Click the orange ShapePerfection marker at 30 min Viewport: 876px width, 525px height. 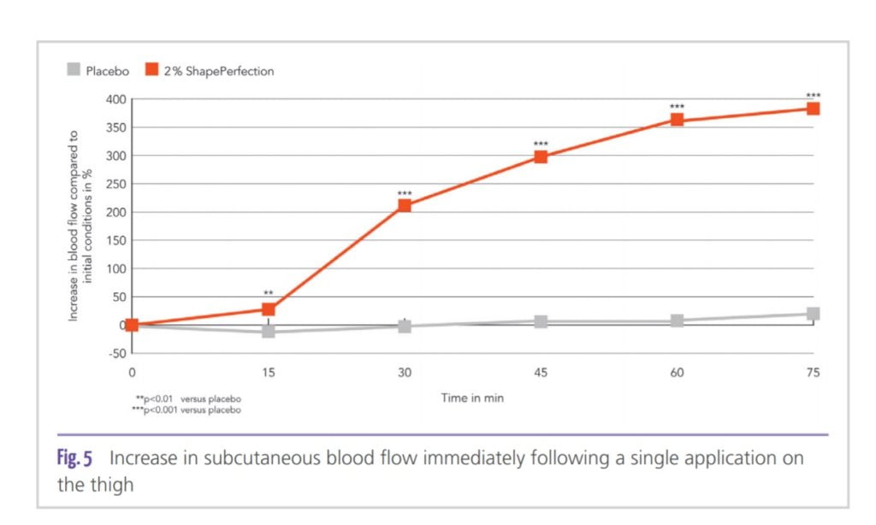click(405, 205)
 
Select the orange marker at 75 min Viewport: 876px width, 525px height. click(813, 109)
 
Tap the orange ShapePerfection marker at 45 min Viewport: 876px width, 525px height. click(541, 156)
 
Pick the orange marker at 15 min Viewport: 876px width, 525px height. click(268, 310)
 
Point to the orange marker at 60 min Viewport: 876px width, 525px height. click(677, 120)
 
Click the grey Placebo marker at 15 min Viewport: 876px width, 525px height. click(268, 331)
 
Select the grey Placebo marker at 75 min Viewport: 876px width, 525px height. click(813, 314)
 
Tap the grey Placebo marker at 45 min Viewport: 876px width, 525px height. click(541, 321)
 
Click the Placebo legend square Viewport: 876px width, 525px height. click(74, 71)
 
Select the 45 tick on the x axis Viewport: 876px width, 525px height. click(541, 373)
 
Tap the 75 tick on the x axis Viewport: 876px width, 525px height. click(813, 373)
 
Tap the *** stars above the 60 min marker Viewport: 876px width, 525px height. click(677, 107)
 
